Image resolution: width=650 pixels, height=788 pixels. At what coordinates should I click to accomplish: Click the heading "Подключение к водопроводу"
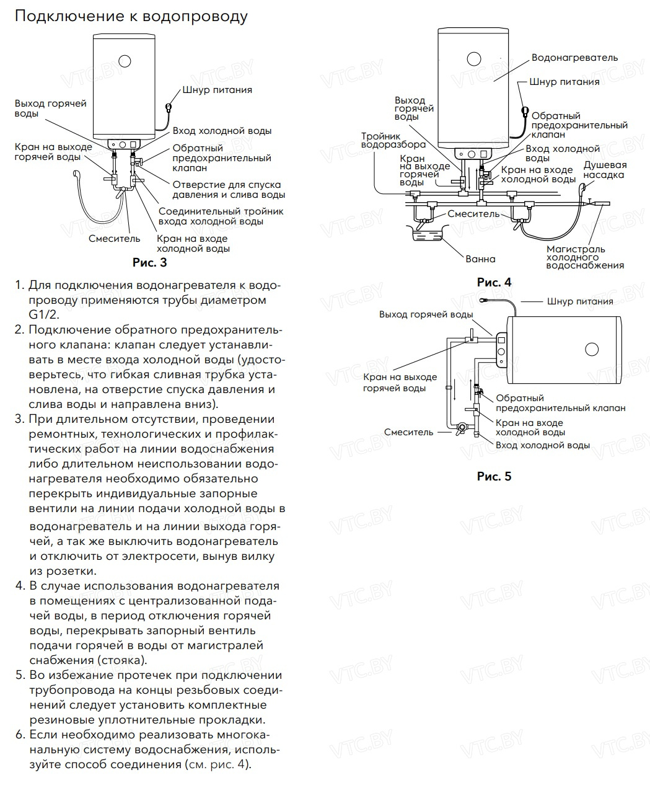[x=131, y=16]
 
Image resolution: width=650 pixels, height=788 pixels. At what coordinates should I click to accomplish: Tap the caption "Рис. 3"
[x=149, y=262]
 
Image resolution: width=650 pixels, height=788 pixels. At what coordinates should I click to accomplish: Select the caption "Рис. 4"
[x=494, y=282]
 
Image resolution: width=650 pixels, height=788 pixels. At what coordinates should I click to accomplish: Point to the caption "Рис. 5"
[x=494, y=477]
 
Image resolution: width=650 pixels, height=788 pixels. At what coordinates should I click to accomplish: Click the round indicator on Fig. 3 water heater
[x=125, y=61]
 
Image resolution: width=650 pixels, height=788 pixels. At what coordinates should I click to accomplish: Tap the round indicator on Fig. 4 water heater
[x=473, y=59]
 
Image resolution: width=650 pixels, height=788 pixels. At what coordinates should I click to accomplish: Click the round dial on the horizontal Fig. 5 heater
[x=591, y=348]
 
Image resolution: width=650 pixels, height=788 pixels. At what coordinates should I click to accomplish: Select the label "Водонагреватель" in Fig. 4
[x=574, y=58]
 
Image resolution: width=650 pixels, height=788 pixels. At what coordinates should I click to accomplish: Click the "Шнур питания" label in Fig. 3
[x=217, y=90]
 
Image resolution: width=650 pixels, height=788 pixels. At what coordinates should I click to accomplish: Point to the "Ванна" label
[x=480, y=259]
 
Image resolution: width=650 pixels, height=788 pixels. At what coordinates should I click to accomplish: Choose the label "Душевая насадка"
[x=605, y=170]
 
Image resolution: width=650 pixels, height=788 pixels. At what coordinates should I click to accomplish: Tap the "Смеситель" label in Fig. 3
[x=115, y=238]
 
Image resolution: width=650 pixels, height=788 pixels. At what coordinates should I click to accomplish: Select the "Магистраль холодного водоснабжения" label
[x=584, y=257]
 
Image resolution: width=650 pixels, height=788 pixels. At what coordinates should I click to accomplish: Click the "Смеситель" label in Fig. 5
[x=408, y=432]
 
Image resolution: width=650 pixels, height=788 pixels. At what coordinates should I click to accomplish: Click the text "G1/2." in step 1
[x=43, y=315]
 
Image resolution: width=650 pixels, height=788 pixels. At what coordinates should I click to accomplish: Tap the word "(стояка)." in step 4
[x=122, y=660]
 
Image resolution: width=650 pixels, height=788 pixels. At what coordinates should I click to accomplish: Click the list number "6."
[x=20, y=735]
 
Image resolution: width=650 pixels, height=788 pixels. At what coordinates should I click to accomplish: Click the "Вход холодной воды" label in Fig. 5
[x=543, y=445]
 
